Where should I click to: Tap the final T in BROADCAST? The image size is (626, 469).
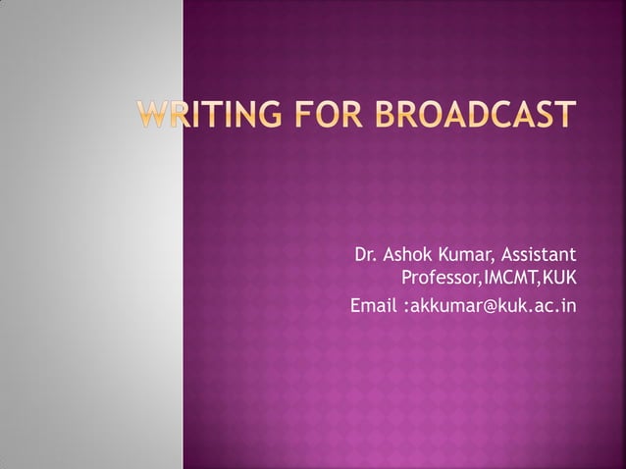click(562, 115)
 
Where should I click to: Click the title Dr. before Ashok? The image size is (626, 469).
click(365, 258)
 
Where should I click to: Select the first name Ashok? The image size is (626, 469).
click(407, 258)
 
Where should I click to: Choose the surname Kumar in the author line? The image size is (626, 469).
click(466, 258)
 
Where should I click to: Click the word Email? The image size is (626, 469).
click(374, 307)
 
